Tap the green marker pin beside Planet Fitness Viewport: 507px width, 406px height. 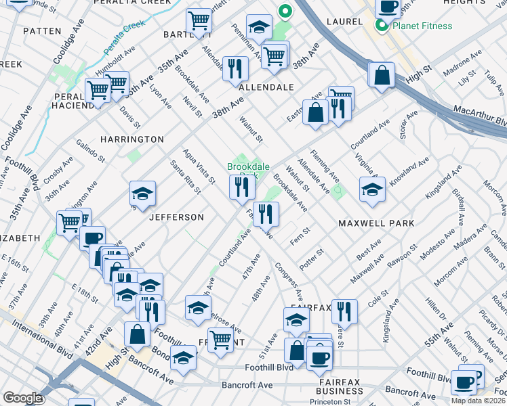[382, 27]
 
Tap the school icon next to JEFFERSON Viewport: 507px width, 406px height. [143, 194]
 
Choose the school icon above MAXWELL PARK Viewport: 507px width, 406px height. [372, 190]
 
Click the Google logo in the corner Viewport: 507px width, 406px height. [22, 398]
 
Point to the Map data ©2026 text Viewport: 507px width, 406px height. [478, 401]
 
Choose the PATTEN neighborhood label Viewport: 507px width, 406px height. [42, 31]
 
